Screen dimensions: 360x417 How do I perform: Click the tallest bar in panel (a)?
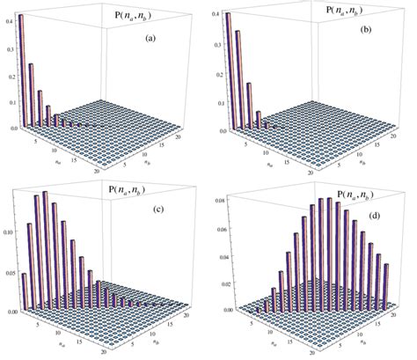20,70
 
